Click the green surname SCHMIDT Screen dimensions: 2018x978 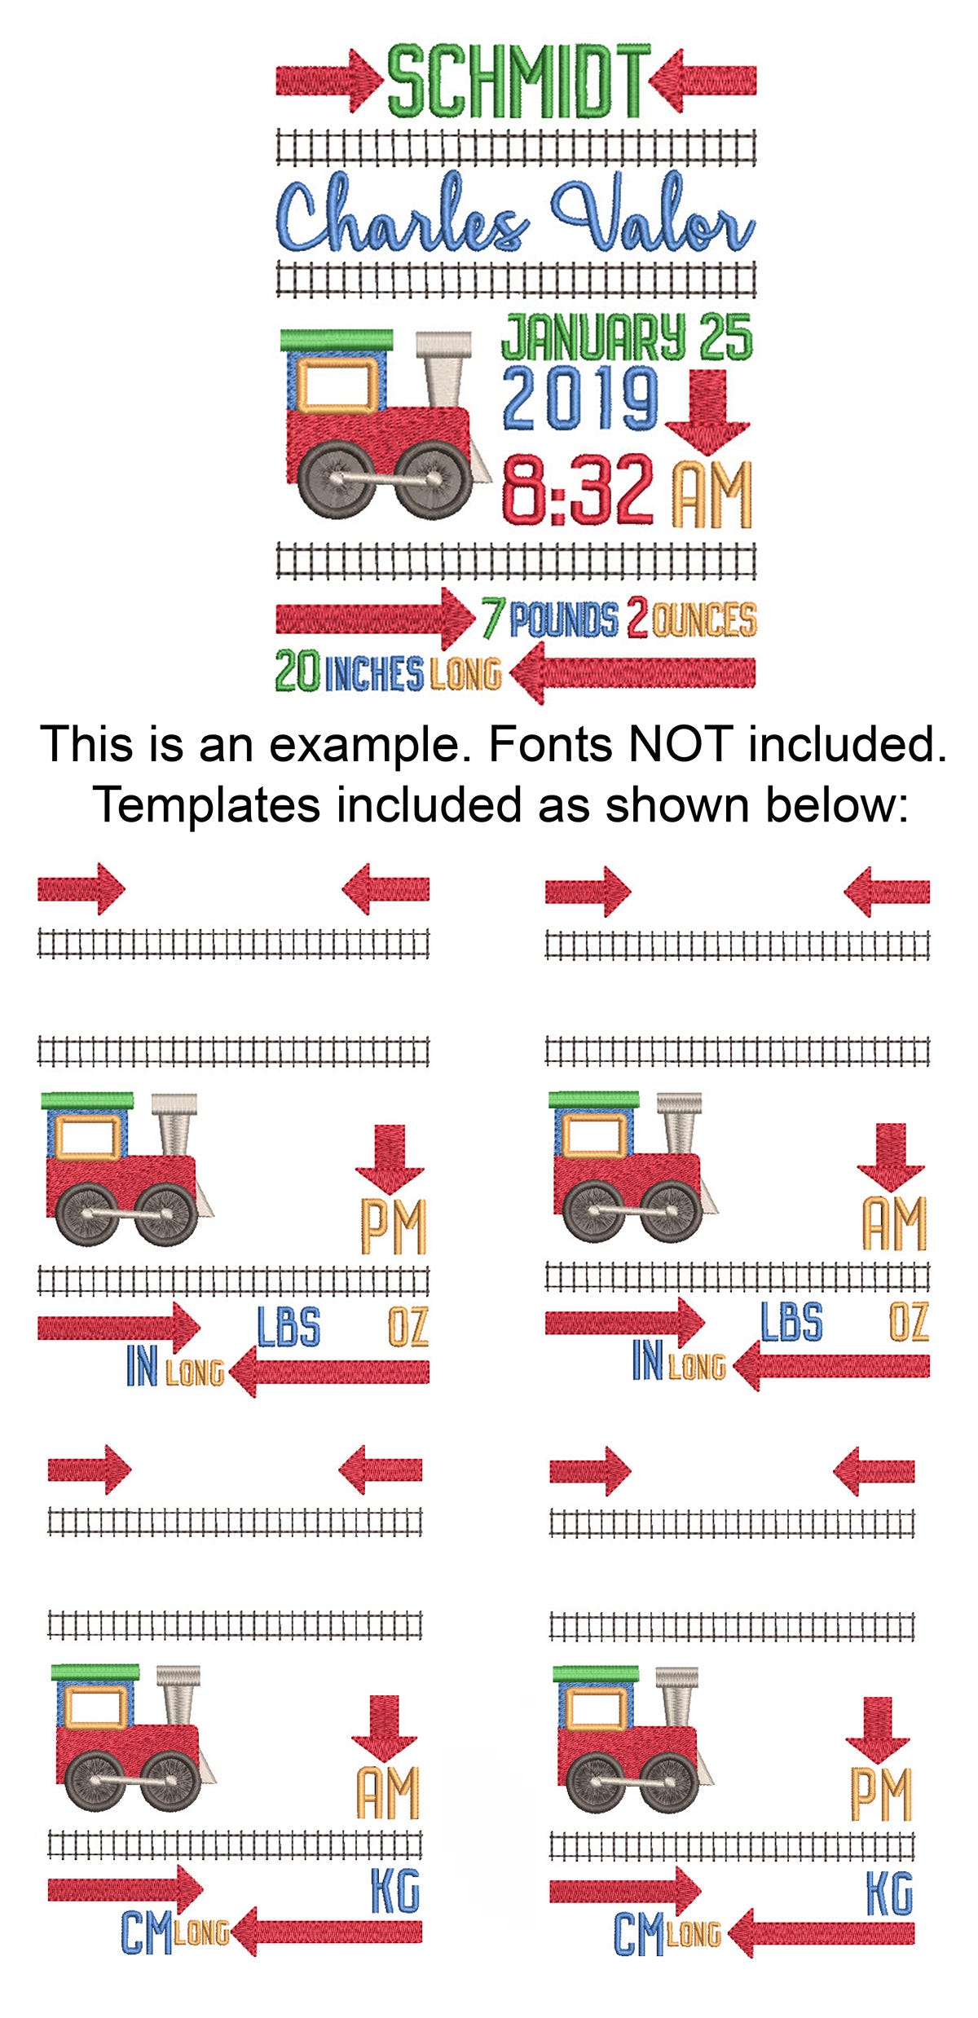pyautogui.click(x=518, y=82)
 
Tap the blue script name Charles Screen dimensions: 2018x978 pyautogui.click(x=401, y=217)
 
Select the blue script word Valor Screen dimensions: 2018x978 pyautogui.click(x=652, y=217)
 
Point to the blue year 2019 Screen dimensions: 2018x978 pyautogui.click(x=580, y=399)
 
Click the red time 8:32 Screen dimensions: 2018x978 pyautogui.click(x=577, y=489)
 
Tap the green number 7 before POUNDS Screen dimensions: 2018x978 pyautogui.click(x=491, y=619)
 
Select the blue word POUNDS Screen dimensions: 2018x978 pyautogui.click(x=563, y=620)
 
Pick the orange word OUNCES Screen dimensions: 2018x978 pyautogui.click(x=704, y=620)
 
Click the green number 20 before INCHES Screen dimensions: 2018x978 pyautogui.click(x=297, y=672)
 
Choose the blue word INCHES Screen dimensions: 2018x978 pyautogui.click(x=374, y=674)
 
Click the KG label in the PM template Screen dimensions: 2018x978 pyautogui.click(x=889, y=1893)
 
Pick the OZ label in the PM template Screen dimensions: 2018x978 pyautogui.click(x=407, y=1326)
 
